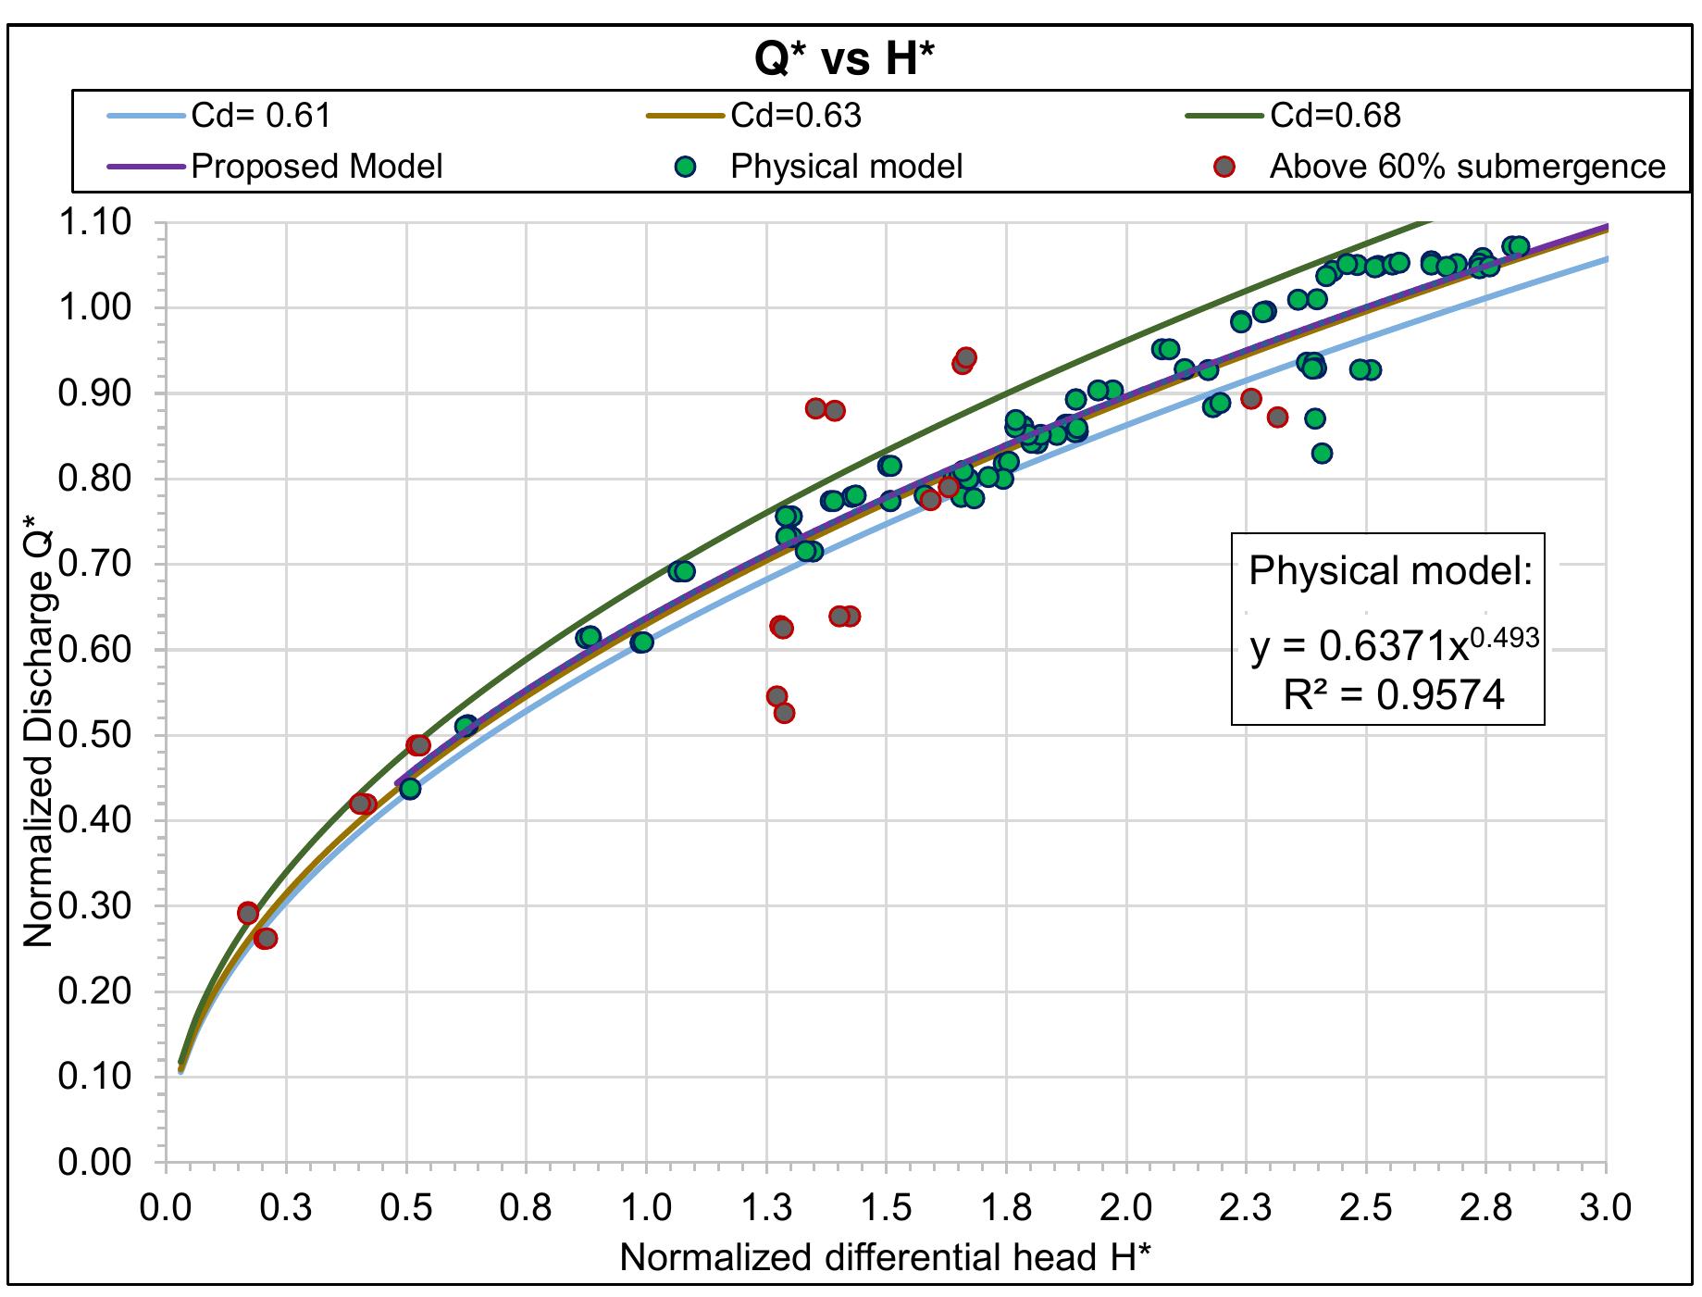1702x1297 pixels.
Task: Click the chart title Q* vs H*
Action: pyautogui.click(x=843, y=60)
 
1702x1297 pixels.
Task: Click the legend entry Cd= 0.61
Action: pyautogui.click(x=260, y=116)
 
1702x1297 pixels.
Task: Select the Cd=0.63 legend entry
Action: pyautogui.click(x=795, y=116)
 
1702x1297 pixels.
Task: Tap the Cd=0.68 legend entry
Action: pyautogui.click(x=1335, y=116)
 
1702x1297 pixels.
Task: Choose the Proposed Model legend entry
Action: pyautogui.click(x=316, y=167)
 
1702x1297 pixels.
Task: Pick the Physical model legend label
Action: pyautogui.click(x=846, y=167)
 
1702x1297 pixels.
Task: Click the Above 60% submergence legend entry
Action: pyautogui.click(x=1466, y=167)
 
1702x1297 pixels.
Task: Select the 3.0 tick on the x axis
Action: pyautogui.click(x=1606, y=1209)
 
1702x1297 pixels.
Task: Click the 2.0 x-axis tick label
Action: pyautogui.click(x=1125, y=1209)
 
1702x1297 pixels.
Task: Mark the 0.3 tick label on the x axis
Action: pyautogui.click(x=286, y=1209)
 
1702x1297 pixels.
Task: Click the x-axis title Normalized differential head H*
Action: pyautogui.click(x=886, y=1258)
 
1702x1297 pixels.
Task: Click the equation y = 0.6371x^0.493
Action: pyautogui.click(x=1394, y=645)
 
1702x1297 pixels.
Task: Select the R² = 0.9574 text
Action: pyautogui.click(x=1394, y=694)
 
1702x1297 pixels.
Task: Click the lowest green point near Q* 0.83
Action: pyautogui.click(x=1322, y=453)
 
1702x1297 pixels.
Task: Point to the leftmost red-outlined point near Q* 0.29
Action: pyautogui.click(x=248, y=913)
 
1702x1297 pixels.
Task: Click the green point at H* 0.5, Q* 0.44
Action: pyautogui.click(x=410, y=789)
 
